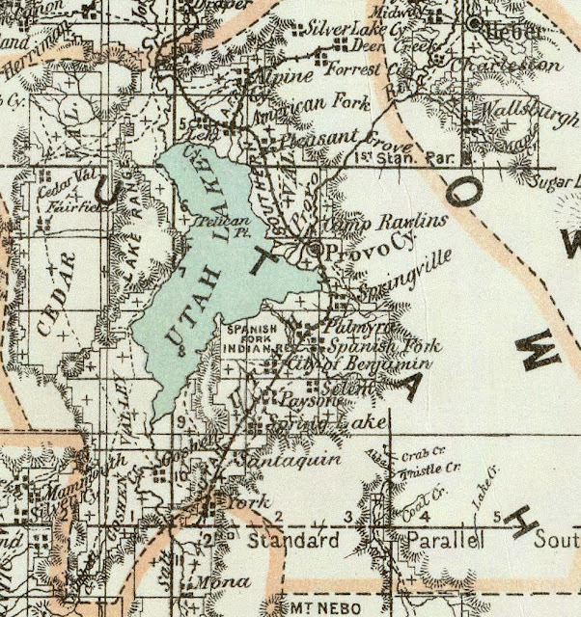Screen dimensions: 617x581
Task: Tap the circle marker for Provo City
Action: click(x=318, y=250)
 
